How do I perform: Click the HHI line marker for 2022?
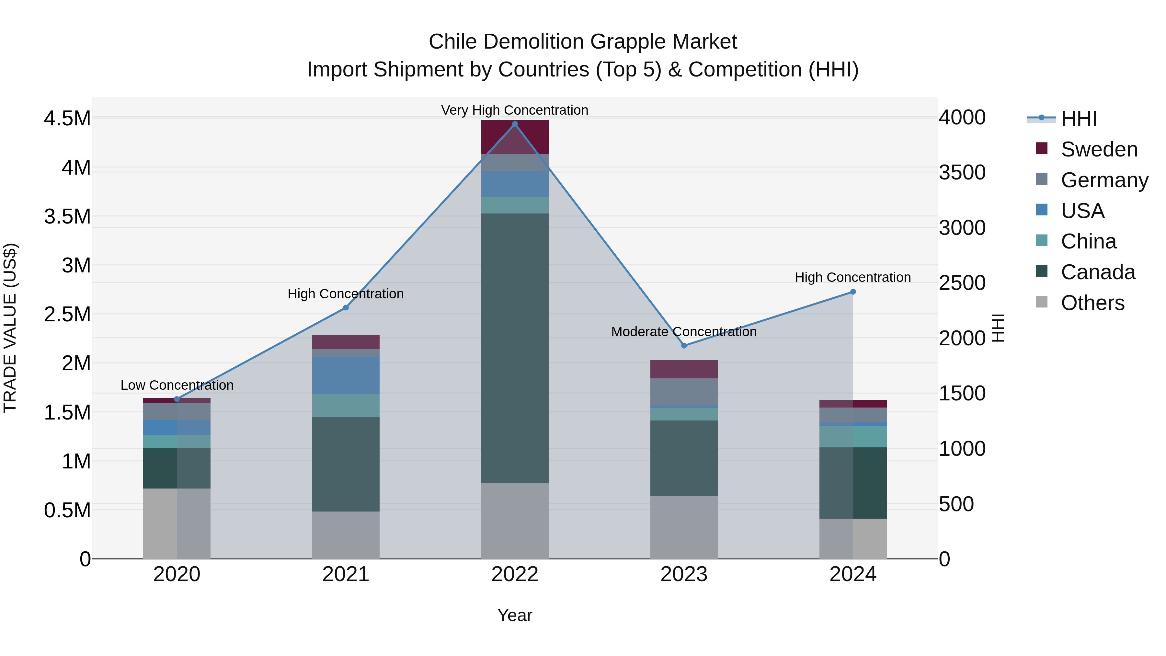515,124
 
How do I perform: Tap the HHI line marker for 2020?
177,399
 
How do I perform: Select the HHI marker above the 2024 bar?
853,292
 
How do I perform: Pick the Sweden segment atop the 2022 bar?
515,137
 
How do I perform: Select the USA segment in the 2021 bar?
346,375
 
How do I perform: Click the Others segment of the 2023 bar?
684,527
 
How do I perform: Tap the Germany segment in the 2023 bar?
684,392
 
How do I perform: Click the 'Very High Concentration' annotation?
515,110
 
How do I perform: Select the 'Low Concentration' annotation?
177,385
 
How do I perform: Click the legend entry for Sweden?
1099,149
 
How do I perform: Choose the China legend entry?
1088,241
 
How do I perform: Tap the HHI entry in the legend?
1078,119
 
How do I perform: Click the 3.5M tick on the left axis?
67,216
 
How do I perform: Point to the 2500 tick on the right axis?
962,283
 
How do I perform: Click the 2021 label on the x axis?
346,574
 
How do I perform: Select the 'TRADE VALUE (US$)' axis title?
10,328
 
